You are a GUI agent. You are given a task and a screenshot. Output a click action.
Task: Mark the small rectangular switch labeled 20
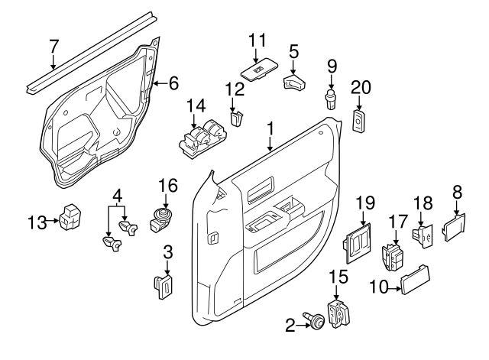point(359,120)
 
